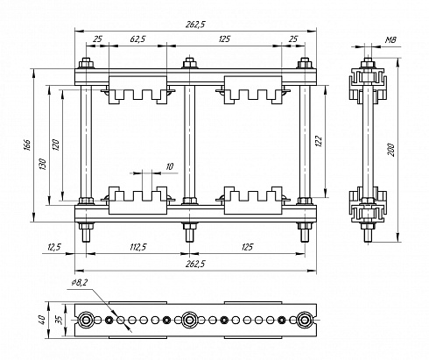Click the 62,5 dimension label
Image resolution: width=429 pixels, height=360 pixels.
coord(137,39)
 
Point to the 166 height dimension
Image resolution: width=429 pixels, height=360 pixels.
coord(27,145)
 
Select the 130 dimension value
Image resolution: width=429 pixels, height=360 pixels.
coord(42,165)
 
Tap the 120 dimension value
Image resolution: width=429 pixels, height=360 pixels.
coord(56,145)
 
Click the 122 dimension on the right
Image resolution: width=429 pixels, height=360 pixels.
coord(319,141)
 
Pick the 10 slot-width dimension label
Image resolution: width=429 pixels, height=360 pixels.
coord(169,166)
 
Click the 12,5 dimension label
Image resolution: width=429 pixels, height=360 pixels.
coord(53,247)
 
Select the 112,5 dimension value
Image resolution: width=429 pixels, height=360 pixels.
coord(137,247)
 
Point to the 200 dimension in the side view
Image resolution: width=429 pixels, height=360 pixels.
coord(391,150)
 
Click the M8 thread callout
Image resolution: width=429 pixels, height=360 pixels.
coord(390,40)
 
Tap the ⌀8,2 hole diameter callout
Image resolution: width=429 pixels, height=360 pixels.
coord(80,282)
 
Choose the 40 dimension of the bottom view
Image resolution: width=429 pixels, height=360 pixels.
coord(42,321)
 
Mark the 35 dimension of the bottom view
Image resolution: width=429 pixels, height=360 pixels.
coord(60,321)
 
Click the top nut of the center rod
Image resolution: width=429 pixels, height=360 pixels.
coord(189,63)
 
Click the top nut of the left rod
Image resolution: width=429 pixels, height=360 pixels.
coord(86,63)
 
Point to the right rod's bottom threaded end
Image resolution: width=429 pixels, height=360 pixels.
coord(305,236)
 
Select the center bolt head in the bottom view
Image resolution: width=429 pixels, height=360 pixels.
coord(189,320)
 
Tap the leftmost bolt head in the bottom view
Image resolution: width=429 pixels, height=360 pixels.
coord(86,320)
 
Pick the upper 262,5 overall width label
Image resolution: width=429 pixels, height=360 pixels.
coord(195,25)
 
